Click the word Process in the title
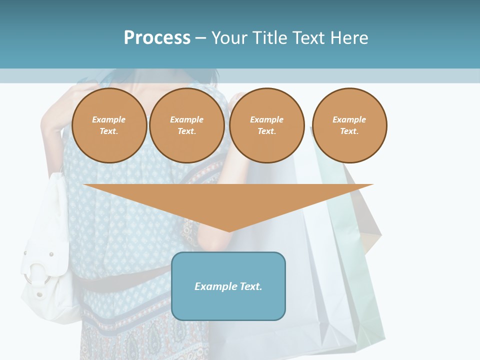[157, 38]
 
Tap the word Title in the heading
[269, 38]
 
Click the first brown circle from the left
[109, 125]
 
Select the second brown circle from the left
[187, 125]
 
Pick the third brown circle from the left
[267, 125]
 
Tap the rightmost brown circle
[349, 125]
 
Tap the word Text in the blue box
[249, 286]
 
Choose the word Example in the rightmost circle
[349, 119]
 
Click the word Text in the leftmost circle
[108, 131]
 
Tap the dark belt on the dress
[125, 285]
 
